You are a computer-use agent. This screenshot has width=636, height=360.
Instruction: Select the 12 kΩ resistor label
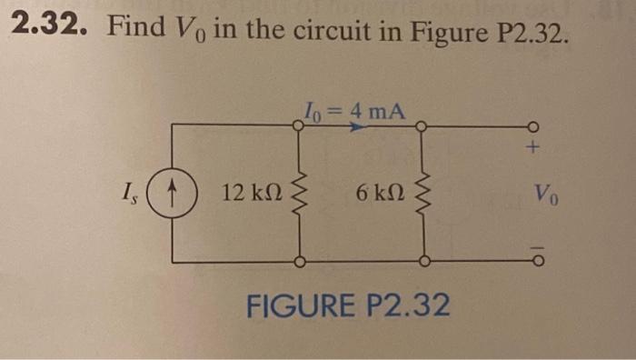251,193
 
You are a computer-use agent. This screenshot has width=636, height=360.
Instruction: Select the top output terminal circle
534,126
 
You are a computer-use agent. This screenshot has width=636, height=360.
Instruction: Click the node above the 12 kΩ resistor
298,126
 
